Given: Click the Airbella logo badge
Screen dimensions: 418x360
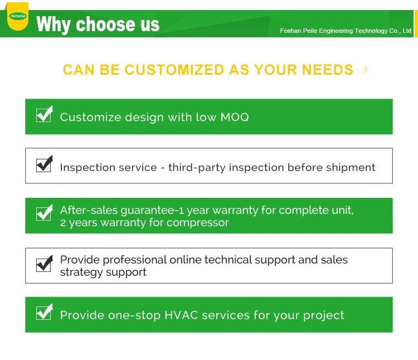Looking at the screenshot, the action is point(18,16).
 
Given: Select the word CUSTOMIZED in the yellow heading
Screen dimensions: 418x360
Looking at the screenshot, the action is point(174,70).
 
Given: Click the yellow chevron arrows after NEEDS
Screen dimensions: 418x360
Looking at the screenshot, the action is point(364,70).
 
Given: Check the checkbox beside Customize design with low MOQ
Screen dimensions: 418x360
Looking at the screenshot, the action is point(44,114).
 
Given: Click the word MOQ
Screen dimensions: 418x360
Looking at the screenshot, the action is point(235,117).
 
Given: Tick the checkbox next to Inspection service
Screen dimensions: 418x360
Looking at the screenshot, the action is point(44,164).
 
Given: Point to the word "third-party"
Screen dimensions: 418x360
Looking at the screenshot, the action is point(197,168).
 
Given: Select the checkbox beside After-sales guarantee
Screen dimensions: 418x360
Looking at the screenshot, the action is point(44,213).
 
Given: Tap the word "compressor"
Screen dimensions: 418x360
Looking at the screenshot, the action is point(197,223).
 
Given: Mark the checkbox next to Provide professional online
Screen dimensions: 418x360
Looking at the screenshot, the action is point(44,263).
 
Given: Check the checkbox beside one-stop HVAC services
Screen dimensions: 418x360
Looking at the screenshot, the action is point(44,312).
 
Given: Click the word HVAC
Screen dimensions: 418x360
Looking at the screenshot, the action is point(181,315).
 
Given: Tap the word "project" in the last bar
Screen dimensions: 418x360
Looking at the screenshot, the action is point(324,316).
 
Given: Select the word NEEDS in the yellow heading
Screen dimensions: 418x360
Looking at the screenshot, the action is point(328,70).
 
